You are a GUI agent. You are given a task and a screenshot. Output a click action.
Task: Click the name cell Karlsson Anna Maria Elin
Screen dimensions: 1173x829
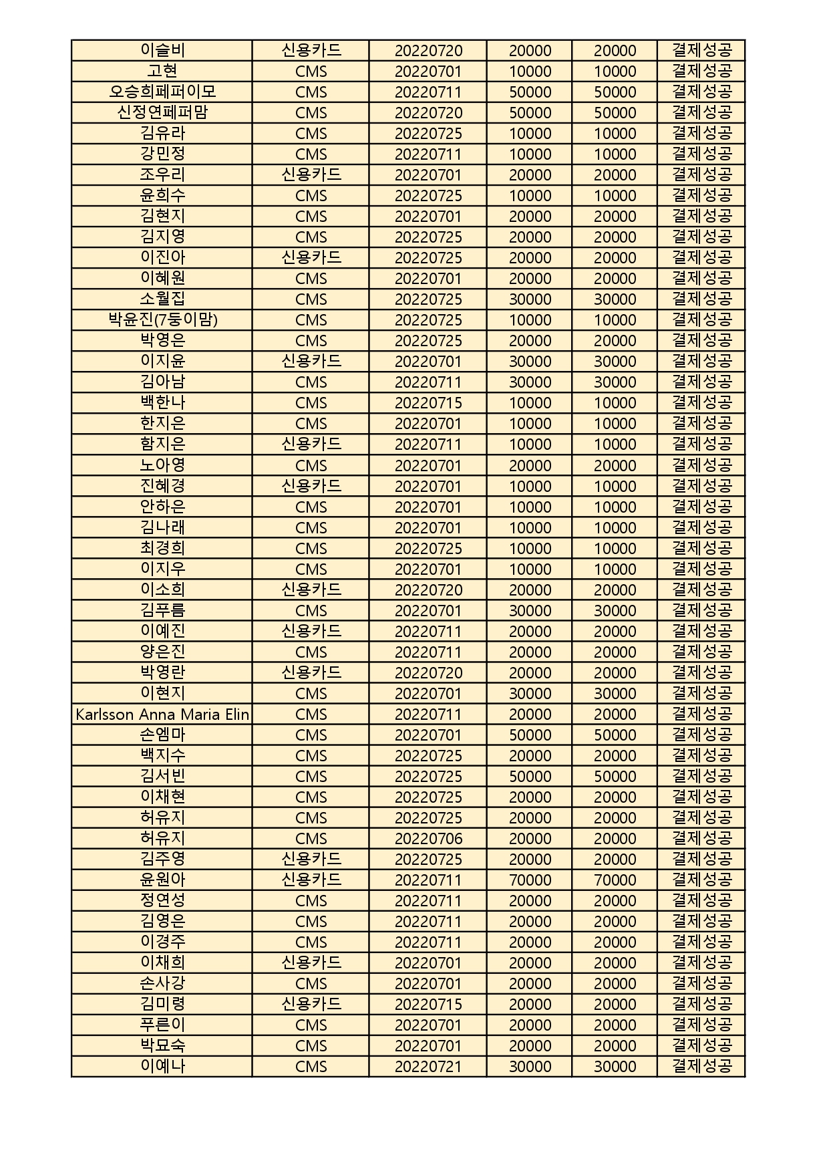pos(162,714)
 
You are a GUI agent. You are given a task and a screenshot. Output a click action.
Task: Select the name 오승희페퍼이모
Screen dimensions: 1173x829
pos(162,92)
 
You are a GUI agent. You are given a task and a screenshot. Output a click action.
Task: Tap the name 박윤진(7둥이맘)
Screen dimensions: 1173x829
pos(162,319)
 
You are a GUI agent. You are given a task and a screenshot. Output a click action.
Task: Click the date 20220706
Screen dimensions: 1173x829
pos(428,838)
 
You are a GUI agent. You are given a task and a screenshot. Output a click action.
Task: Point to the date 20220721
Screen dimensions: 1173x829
pos(428,1066)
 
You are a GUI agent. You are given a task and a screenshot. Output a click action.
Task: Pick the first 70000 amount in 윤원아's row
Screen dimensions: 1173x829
pos(530,880)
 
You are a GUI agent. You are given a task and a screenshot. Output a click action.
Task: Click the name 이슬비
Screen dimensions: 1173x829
pos(162,50)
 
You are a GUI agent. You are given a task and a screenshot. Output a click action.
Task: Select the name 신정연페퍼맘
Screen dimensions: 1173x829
pos(162,112)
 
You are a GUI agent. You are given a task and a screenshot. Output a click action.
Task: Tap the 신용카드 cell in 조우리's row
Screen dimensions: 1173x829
pos(311,174)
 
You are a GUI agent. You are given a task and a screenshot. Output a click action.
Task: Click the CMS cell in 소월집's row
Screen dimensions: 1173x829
pos(311,299)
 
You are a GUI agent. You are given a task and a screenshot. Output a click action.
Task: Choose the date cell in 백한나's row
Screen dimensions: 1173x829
pos(428,402)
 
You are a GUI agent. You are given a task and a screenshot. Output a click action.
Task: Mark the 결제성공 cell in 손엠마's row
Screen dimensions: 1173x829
pos(701,735)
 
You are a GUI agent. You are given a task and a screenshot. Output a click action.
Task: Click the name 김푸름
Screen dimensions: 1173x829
pos(162,610)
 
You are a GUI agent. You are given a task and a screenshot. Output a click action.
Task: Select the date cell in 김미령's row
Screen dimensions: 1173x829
pos(428,1004)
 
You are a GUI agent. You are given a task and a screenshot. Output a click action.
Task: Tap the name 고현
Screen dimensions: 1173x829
pos(162,71)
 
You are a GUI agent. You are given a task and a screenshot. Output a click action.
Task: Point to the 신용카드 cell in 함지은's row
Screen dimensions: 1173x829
pos(311,444)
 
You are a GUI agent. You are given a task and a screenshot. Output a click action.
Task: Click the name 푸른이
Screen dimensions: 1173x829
pos(162,1025)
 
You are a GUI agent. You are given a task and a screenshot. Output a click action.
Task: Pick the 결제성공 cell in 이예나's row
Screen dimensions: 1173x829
pos(701,1066)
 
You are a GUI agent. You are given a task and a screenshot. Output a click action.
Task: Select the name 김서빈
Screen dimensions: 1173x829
pos(162,776)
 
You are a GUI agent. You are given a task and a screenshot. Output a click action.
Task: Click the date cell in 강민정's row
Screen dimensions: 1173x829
pos(428,154)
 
